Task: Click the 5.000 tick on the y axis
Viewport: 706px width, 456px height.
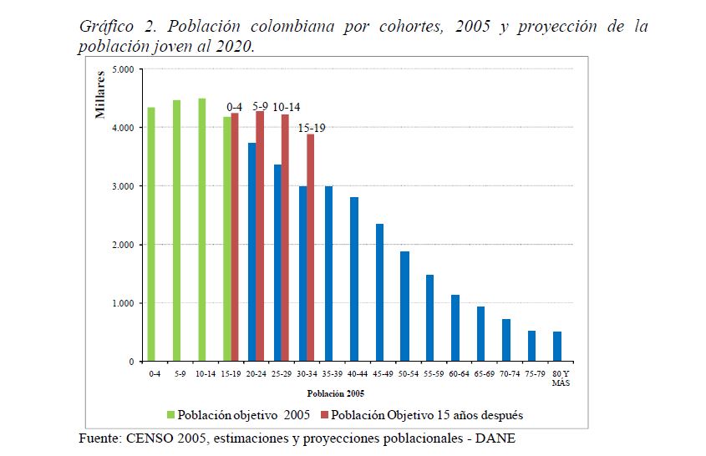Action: tap(123, 69)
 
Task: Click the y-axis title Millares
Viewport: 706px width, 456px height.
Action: tap(100, 95)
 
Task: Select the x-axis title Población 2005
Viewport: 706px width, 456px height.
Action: tap(335, 393)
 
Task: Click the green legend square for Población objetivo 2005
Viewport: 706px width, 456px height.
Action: tap(171, 414)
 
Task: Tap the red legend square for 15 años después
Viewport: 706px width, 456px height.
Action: tap(325, 414)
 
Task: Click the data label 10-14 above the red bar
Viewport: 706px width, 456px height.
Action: tap(286, 107)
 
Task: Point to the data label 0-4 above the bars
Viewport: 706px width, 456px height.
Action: tap(235, 107)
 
